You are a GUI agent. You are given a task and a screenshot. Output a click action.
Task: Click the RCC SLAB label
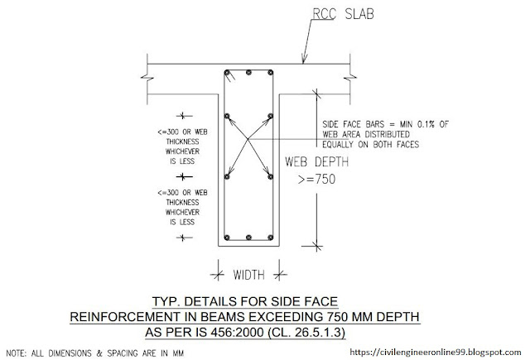click(343, 14)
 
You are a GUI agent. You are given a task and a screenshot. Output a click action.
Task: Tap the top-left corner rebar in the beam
click(227, 73)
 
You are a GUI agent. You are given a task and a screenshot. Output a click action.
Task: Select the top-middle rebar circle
click(248, 73)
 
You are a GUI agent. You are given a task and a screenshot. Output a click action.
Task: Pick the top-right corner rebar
click(271, 73)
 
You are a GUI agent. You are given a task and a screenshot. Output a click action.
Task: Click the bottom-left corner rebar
click(227, 238)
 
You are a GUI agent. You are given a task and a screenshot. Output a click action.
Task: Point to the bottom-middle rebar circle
click(248, 238)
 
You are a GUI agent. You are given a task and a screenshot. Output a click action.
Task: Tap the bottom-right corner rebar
click(271, 238)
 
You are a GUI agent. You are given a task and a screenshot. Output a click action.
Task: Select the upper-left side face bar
click(227, 116)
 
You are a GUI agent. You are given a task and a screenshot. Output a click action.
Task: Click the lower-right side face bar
click(271, 176)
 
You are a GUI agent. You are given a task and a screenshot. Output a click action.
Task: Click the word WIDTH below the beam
click(248, 275)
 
